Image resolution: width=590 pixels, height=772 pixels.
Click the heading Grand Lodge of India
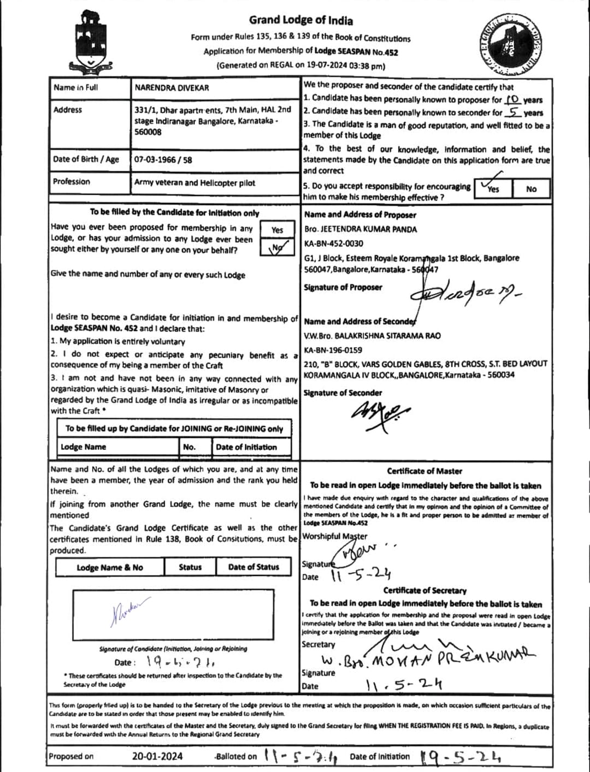301,21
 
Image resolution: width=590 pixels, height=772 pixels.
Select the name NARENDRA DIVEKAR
172,87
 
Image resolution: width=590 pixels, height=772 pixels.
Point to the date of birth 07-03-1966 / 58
163,160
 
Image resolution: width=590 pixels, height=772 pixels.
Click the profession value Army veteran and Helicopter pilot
194,183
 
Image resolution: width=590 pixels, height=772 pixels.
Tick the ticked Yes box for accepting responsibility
494,187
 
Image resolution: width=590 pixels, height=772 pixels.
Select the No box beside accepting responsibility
531,189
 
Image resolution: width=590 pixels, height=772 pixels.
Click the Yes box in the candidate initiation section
277,230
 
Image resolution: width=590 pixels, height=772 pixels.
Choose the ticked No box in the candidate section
277,248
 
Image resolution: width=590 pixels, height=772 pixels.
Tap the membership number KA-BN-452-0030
333,244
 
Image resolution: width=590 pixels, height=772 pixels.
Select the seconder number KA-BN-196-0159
333,350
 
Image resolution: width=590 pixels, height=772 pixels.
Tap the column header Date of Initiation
246,447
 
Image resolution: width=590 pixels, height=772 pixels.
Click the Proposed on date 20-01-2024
157,756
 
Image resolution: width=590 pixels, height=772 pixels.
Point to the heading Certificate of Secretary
425,590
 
